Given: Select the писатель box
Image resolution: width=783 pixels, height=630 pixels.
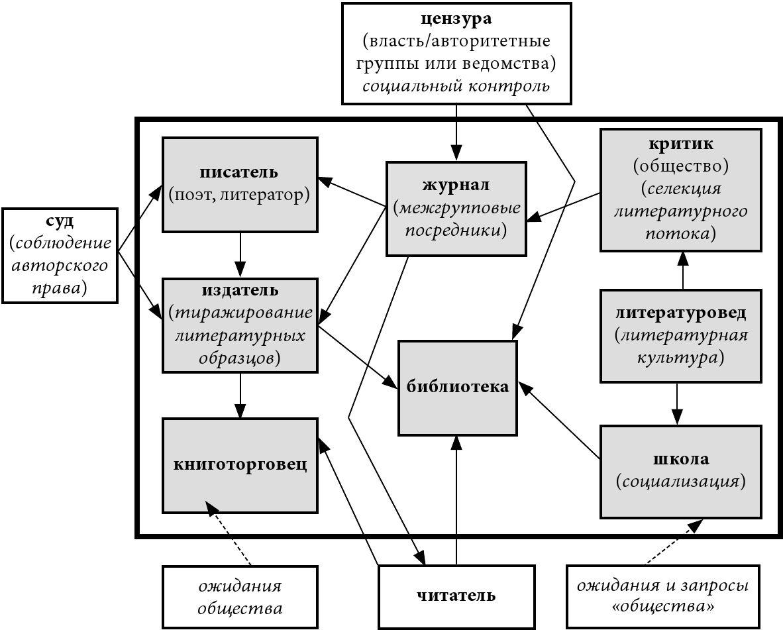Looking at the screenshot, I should [240, 184].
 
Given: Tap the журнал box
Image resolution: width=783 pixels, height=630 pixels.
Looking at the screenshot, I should [456, 208].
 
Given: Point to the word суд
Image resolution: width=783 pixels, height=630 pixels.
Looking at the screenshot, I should [60, 221].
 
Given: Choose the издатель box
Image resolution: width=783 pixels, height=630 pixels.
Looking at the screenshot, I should [240, 325].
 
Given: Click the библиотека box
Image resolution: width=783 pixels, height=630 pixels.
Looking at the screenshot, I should [458, 388].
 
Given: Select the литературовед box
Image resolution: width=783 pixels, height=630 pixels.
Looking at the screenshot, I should [680, 335].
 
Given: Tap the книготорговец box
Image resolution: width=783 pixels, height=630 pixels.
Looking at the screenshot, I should [240, 464].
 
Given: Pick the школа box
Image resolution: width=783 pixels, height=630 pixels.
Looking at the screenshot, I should [680, 471].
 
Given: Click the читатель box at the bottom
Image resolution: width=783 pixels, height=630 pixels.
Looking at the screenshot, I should [456, 596].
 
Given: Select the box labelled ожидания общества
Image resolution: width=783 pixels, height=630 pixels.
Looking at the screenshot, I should [240, 596].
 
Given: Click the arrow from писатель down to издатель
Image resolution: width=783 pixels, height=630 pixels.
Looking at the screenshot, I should [240, 255].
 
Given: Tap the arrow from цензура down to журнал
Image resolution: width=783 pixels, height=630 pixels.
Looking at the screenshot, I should [456, 132].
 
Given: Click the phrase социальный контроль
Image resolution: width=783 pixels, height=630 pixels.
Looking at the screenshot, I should [456, 86].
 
